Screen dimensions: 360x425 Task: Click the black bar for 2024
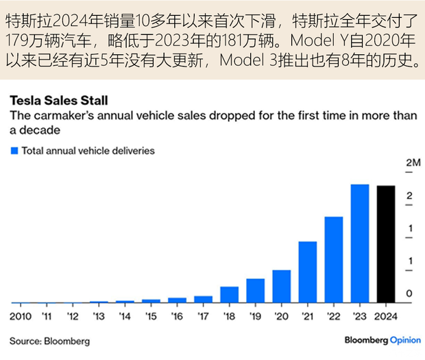[x=386, y=244]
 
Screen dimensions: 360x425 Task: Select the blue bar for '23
[x=360, y=243]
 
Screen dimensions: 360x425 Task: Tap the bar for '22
[x=334, y=260]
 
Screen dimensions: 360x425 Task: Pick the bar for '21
[x=308, y=272]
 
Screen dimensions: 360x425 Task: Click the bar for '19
[x=256, y=291]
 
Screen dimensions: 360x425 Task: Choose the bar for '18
[x=230, y=295]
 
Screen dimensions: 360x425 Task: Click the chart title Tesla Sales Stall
[x=58, y=101]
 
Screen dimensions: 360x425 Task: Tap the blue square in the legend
[x=13, y=150]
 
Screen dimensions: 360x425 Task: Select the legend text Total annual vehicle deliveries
[x=88, y=150]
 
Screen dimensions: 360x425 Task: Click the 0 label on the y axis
[x=409, y=293]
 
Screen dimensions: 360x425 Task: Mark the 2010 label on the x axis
[x=20, y=317]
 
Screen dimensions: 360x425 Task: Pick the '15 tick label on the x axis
[x=152, y=317]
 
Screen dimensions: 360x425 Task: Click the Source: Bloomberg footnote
[x=49, y=341]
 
